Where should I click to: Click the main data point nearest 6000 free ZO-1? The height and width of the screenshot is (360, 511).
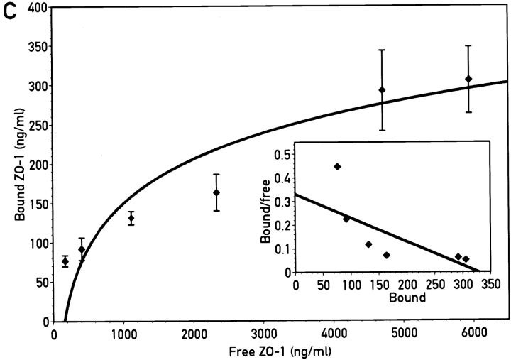click(468, 79)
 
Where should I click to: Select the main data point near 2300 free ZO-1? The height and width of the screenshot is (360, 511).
click(216, 192)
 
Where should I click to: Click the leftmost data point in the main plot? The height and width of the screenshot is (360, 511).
click(65, 261)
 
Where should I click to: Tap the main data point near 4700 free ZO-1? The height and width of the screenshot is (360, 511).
click(382, 90)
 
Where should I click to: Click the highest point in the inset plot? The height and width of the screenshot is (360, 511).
click(337, 166)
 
